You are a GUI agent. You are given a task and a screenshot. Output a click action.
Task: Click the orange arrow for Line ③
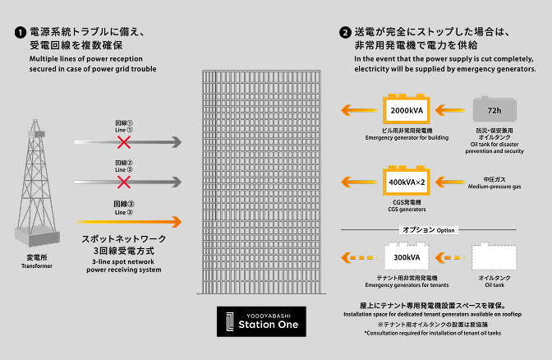click(x=129, y=220)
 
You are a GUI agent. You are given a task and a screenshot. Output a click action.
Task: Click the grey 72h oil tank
click(x=494, y=110)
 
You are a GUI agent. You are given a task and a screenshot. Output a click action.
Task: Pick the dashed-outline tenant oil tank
click(x=494, y=259)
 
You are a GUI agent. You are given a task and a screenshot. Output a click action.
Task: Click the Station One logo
click(x=261, y=321)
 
